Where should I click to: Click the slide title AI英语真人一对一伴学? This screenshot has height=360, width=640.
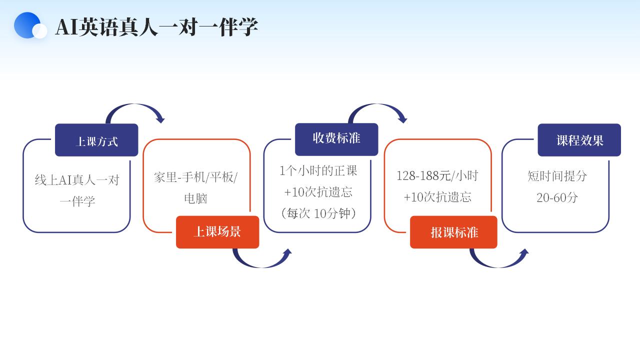tap(156, 27)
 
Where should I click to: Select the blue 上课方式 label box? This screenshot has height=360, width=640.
tap(96, 140)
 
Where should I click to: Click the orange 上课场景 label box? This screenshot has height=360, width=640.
tap(217, 232)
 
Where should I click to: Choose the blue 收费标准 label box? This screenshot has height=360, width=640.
tap(336, 138)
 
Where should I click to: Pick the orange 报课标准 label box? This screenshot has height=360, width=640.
tap(453, 232)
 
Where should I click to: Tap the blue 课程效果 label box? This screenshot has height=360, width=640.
tap(579, 140)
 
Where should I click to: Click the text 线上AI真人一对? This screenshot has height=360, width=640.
tap(77, 180)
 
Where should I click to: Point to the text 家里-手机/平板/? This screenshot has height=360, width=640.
tap(196, 177)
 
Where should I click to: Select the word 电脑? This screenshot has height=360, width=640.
tap(195, 198)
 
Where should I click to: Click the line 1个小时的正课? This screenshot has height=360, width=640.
tap(318, 171)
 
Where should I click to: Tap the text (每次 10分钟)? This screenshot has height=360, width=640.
tap(318, 213)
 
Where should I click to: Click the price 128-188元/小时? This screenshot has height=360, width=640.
tap(437, 176)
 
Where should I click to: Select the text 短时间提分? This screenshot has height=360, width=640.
tap(557, 176)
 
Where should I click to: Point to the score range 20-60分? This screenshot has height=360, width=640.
tap(557, 197)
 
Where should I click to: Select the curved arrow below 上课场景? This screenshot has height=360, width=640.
tap(261, 260)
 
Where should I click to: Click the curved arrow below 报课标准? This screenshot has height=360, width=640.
tap(498, 260)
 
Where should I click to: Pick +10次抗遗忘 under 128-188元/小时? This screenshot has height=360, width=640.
tap(437, 197)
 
